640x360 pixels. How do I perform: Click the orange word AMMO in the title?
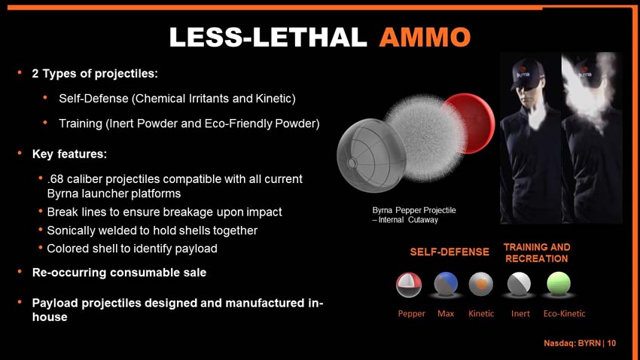(425, 37)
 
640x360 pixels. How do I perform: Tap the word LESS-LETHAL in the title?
(268, 37)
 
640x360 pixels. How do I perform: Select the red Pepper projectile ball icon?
(409, 285)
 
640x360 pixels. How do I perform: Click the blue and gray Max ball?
(446, 284)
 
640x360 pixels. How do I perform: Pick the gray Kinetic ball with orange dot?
(481, 284)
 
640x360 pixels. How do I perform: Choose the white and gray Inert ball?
(520, 283)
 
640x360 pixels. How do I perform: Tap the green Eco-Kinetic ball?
(559, 283)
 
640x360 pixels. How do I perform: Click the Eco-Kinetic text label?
(565, 313)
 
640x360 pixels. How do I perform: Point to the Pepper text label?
(411, 314)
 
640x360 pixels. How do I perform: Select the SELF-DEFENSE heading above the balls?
(450, 252)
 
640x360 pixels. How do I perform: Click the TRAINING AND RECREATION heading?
(537, 252)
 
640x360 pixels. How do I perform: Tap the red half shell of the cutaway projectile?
(473, 124)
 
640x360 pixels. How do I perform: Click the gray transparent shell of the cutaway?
(371, 155)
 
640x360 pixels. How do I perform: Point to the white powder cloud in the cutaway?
(425, 138)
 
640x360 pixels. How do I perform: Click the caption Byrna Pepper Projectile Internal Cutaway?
(414, 215)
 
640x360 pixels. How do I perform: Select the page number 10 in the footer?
(611, 343)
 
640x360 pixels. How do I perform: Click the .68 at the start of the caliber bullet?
(55, 178)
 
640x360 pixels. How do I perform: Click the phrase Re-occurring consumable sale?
(119, 272)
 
